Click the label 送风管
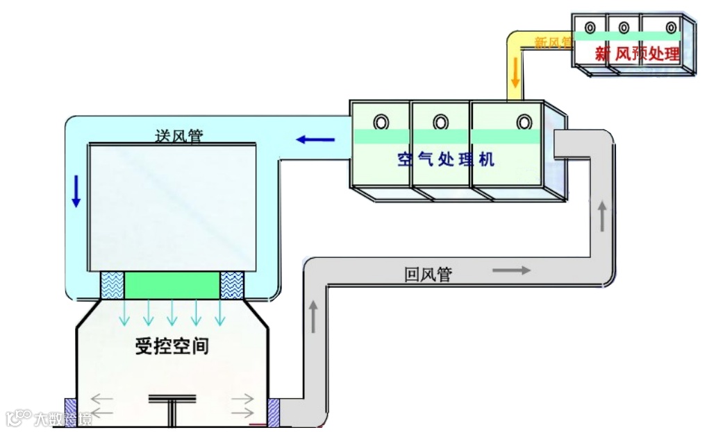(178, 136)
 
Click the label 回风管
(428, 275)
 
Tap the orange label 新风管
(553, 42)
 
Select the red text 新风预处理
(637, 53)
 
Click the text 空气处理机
(446, 159)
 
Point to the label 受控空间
(172, 346)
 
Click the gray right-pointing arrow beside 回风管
(511, 270)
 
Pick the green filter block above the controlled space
(172, 285)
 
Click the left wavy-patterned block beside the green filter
(112, 285)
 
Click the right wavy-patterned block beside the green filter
(232, 285)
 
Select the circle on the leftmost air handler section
(381, 121)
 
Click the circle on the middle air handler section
(440, 122)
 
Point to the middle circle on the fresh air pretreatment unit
(624, 28)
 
